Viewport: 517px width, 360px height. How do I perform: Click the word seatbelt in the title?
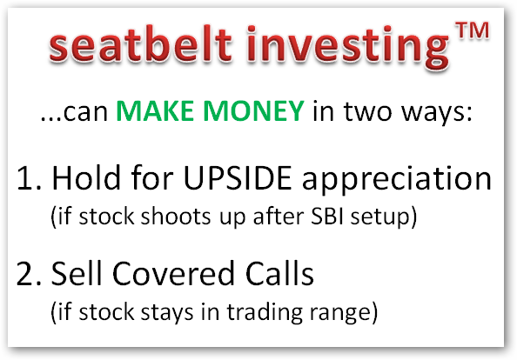point(140,43)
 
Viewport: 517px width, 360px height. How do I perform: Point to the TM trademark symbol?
point(472,31)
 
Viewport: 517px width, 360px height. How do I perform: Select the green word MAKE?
point(155,110)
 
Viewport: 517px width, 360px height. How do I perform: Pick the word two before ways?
point(369,111)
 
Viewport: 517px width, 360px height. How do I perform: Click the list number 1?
point(29,178)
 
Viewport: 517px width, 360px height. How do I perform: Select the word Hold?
point(86,177)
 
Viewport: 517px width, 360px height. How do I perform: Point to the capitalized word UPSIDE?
point(238,178)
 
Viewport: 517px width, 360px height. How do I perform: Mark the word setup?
point(379,217)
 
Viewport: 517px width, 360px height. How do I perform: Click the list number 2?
point(29,273)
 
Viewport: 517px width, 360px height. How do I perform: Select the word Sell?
point(77,272)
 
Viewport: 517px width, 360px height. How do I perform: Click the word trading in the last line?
point(265,313)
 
